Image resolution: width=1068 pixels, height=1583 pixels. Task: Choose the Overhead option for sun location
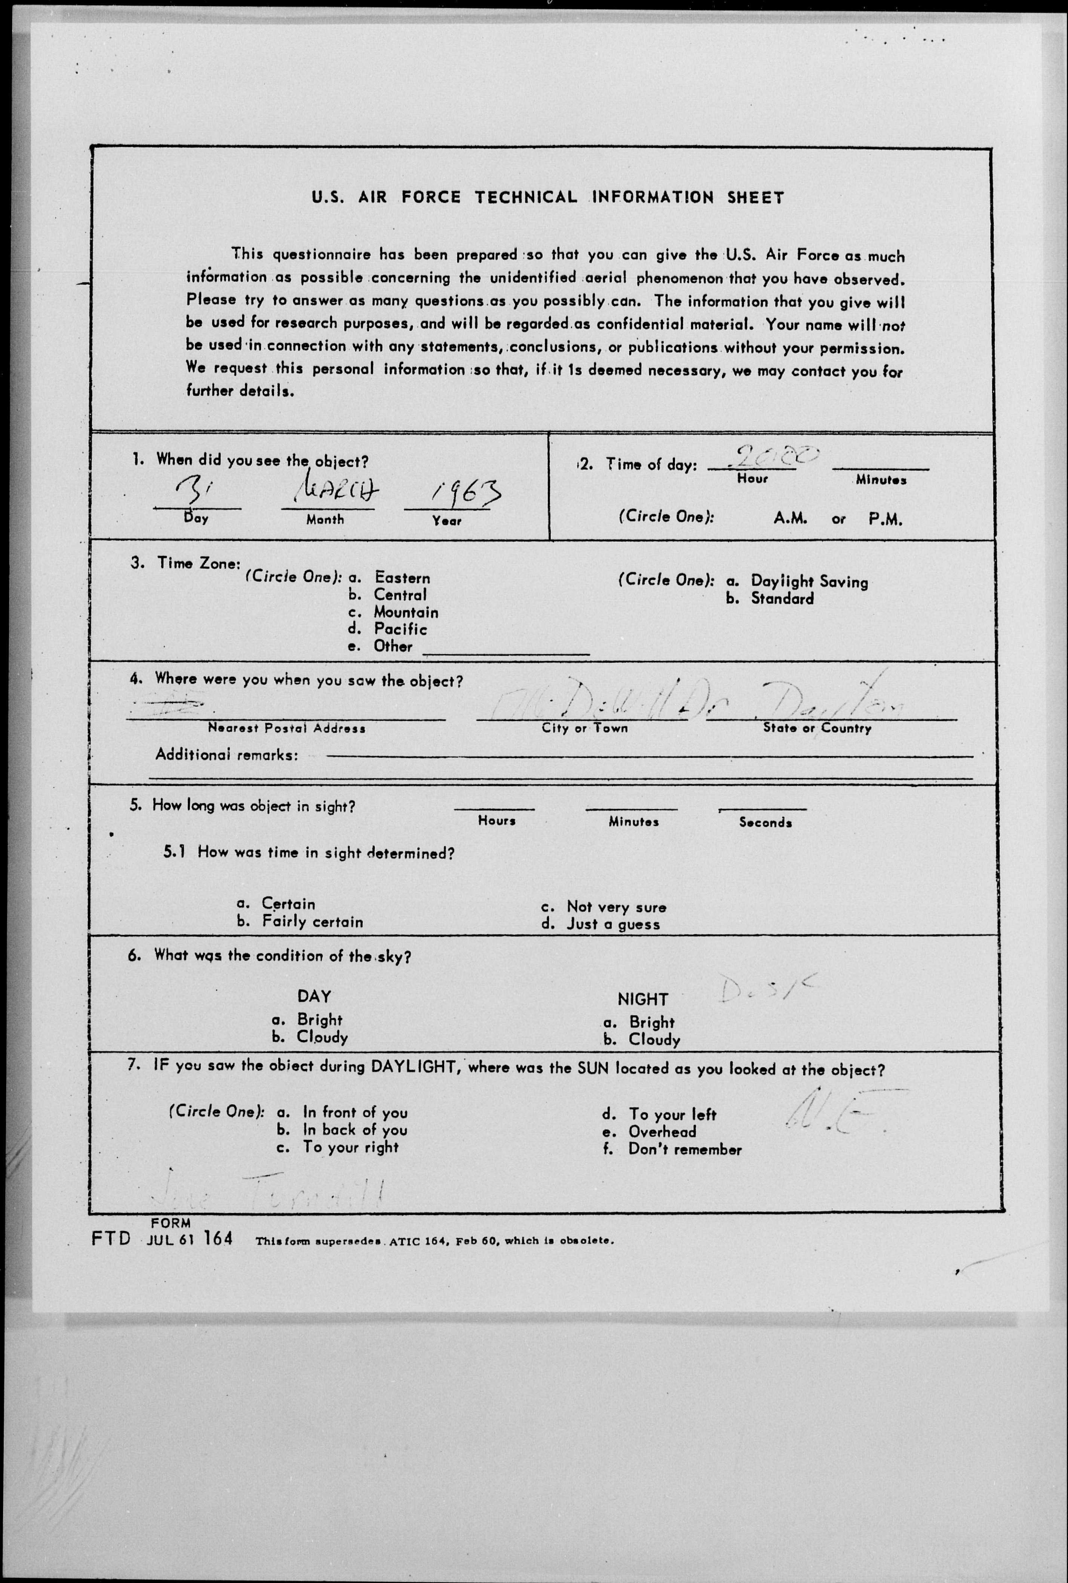[x=662, y=1132]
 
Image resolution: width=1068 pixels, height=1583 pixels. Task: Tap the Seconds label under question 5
[x=765, y=823]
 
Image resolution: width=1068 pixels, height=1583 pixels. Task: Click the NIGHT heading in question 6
[x=642, y=999]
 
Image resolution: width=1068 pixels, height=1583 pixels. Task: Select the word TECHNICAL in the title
[x=526, y=198]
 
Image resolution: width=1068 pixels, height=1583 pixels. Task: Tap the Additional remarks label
[x=226, y=755]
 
